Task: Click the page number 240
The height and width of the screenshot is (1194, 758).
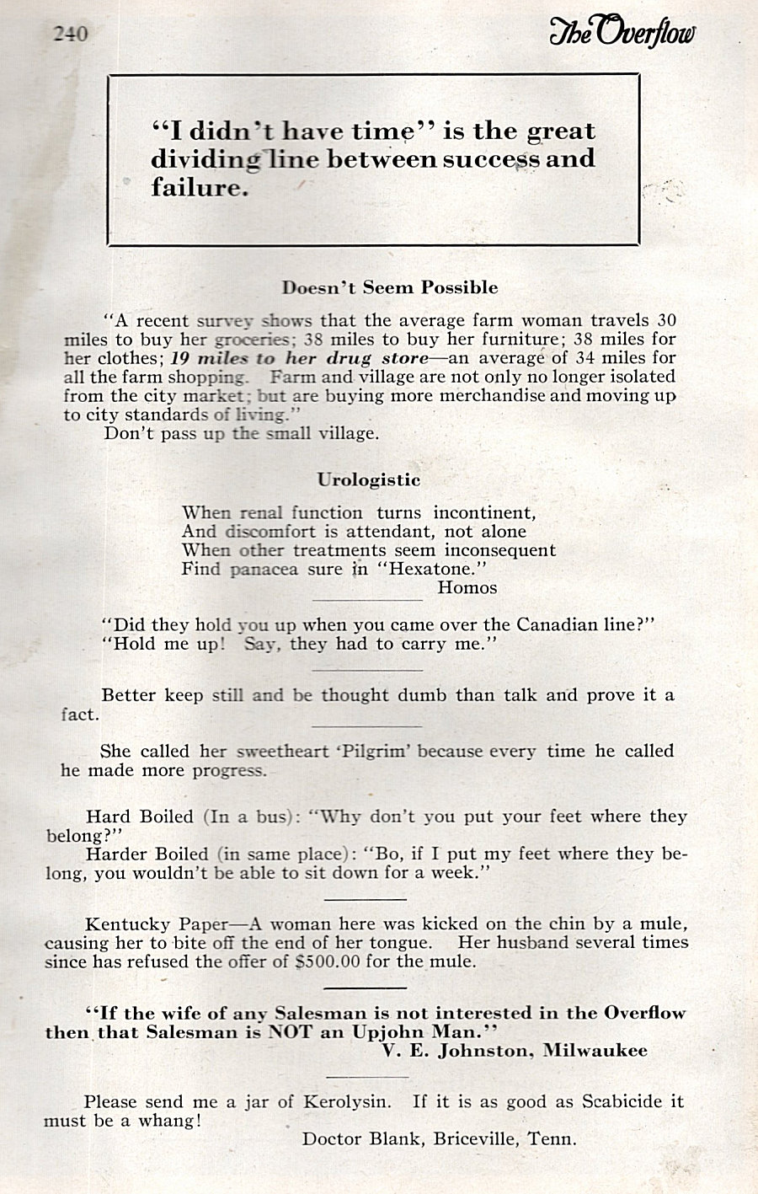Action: [70, 34]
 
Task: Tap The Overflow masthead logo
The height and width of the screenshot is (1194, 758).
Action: [622, 31]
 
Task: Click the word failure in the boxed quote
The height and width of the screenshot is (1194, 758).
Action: [200, 186]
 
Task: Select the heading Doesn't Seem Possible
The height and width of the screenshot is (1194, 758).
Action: [390, 287]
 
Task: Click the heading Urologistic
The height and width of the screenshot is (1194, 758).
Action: [369, 479]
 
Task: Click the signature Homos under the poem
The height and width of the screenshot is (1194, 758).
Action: [467, 587]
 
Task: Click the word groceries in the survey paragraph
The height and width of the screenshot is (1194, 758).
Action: [253, 339]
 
